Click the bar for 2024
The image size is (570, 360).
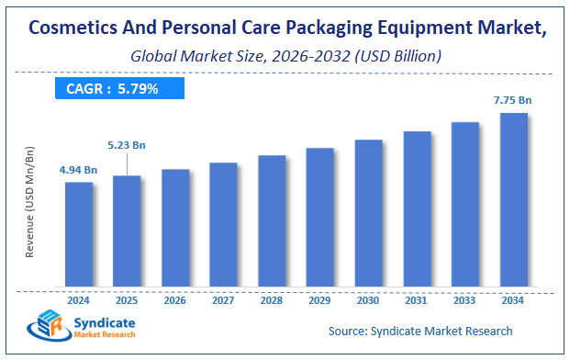(x=78, y=233)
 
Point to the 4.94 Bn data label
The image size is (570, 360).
(x=78, y=169)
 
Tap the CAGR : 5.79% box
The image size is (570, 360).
(x=118, y=88)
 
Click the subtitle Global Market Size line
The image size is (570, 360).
(x=285, y=56)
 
